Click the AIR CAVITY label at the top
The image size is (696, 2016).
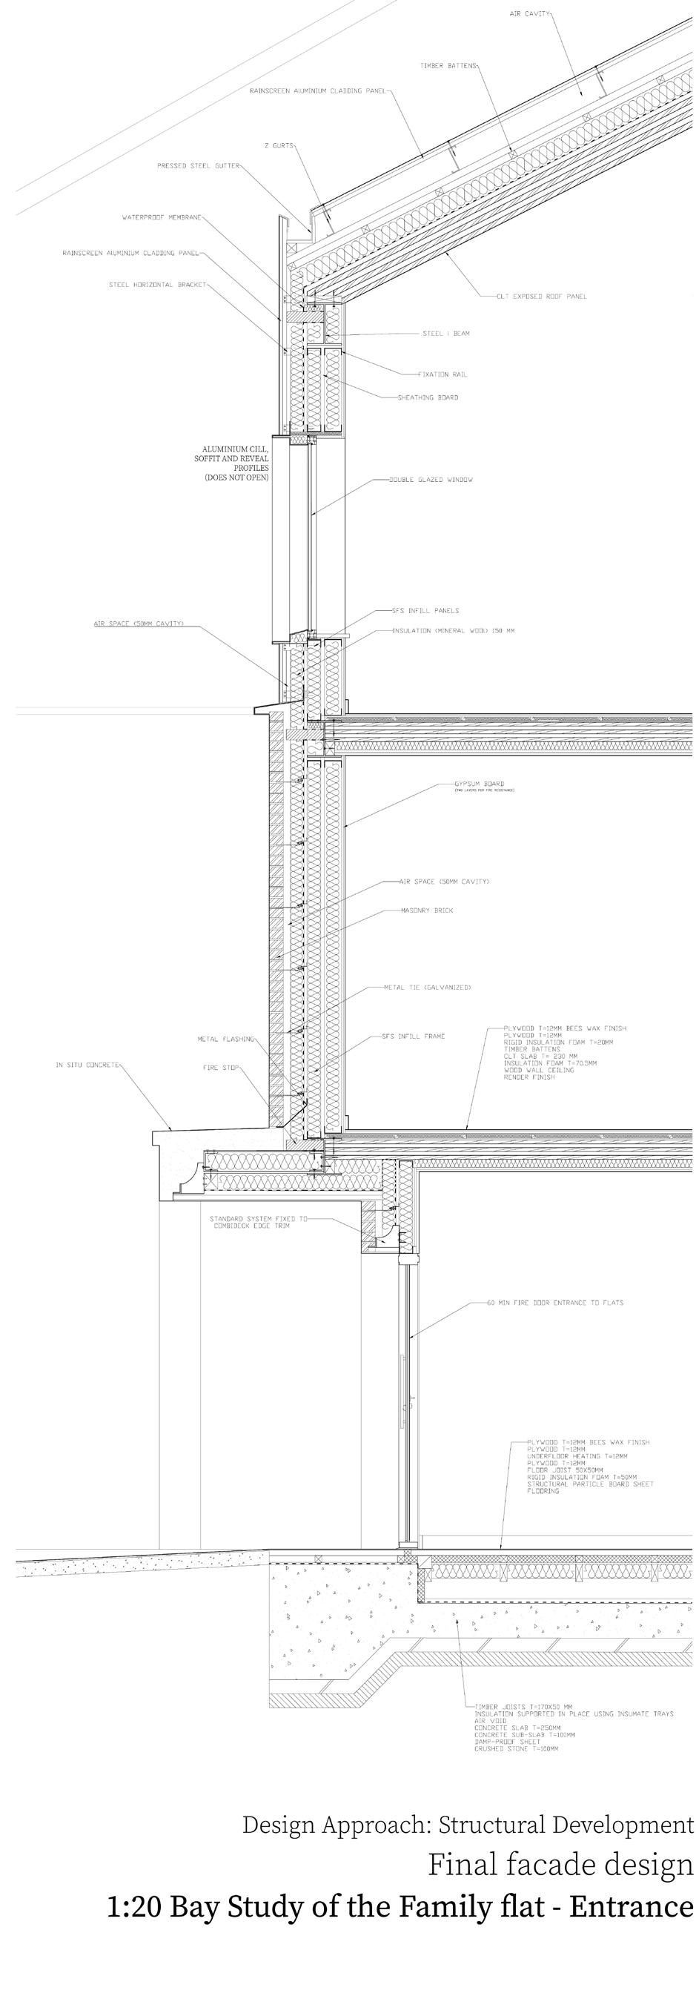pyautogui.click(x=529, y=14)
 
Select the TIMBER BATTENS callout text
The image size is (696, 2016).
pyautogui.click(x=447, y=66)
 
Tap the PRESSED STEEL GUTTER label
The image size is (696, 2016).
pyautogui.click(x=198, y=166)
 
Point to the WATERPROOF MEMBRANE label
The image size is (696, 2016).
pyautogui.click(x=162, y=217)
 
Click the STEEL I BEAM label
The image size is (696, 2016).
pyautogui.click(x=445, y=334)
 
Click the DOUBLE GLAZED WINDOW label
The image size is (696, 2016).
pyautogui.click(x=431, y=479)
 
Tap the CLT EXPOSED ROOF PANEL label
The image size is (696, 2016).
pyautogui.click(x=541, y=297)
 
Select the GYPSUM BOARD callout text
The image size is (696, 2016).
pyautogui.click(x=480, y=783)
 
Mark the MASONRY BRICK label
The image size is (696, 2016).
pyautogui.click(x=427, y=910)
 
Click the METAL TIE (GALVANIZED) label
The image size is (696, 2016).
pyautogui.click(x=427, y=987)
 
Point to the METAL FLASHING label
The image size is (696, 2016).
pyautogui.click(x=225, y=1040)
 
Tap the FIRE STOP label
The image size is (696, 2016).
pyautogui.click(x=221, y=1068)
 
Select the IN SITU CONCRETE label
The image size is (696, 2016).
pyautogui.click(x=87, y=1065)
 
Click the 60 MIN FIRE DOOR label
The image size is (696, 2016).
pyautogui.click(x=555, y=1303)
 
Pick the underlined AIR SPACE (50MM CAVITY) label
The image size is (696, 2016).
pyautogui.click(x=139, y=624)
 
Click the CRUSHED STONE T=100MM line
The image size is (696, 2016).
pyautogui.click(x=516, y=1748)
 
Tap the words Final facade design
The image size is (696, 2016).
pyautogui.click(x=560, y=1865)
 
